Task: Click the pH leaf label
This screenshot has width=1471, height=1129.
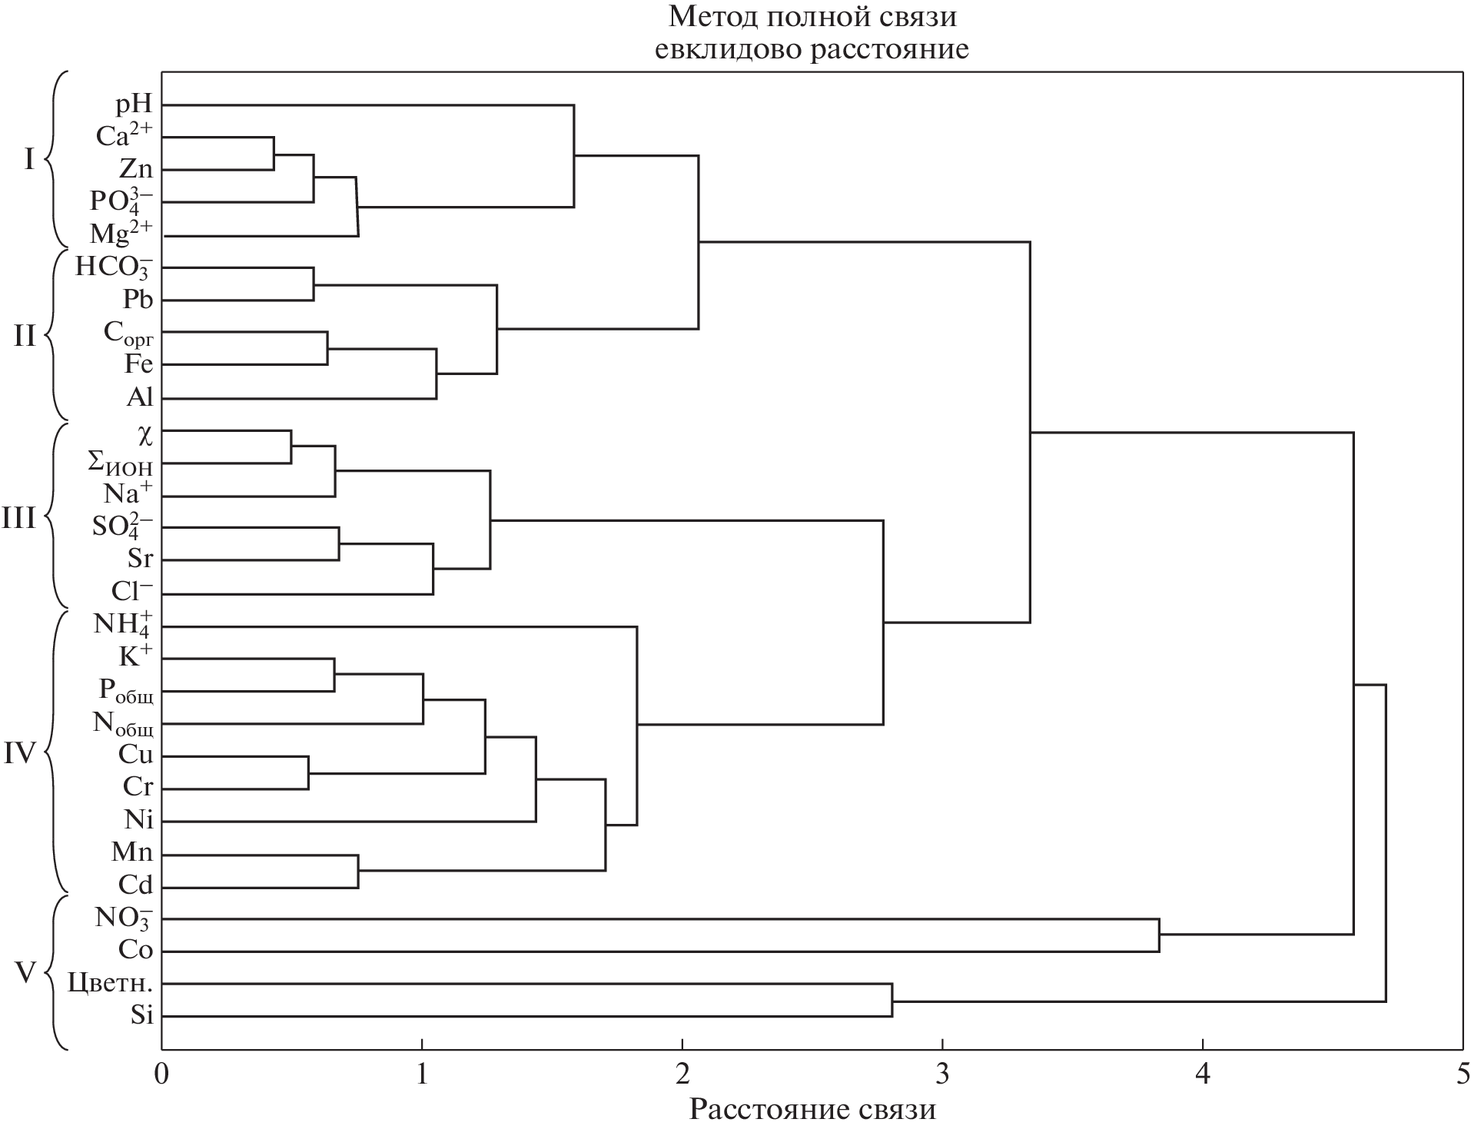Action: [134, 104]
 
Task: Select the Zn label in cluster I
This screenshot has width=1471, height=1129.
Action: [136, 169]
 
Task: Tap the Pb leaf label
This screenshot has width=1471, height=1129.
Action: [138, 299]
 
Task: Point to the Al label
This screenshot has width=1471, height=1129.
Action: [140, 397]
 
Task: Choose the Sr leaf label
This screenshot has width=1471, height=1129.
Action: [141, 559]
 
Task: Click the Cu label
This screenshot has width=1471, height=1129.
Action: [135, 755]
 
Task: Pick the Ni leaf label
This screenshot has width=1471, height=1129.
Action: [138, 820]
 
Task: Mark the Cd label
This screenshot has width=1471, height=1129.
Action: [135, 885]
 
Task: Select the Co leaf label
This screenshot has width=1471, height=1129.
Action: [135, 951]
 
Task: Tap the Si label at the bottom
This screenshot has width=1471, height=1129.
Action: [141, 1016]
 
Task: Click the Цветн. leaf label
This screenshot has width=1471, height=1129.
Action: [110, 983]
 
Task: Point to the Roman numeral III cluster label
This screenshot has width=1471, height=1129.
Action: [19, 518]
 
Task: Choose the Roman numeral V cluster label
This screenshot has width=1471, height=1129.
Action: [26, 973]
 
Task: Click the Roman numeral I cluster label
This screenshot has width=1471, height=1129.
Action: [29, 160]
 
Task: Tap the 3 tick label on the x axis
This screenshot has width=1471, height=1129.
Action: [942, 1073]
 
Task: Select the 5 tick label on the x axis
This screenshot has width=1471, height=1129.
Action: [1462, 1073]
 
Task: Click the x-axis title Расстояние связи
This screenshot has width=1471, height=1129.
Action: [812, 1109]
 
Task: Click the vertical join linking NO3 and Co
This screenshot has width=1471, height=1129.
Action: [1159, 935]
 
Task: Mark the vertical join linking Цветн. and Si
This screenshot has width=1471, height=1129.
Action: [892, 1000]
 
